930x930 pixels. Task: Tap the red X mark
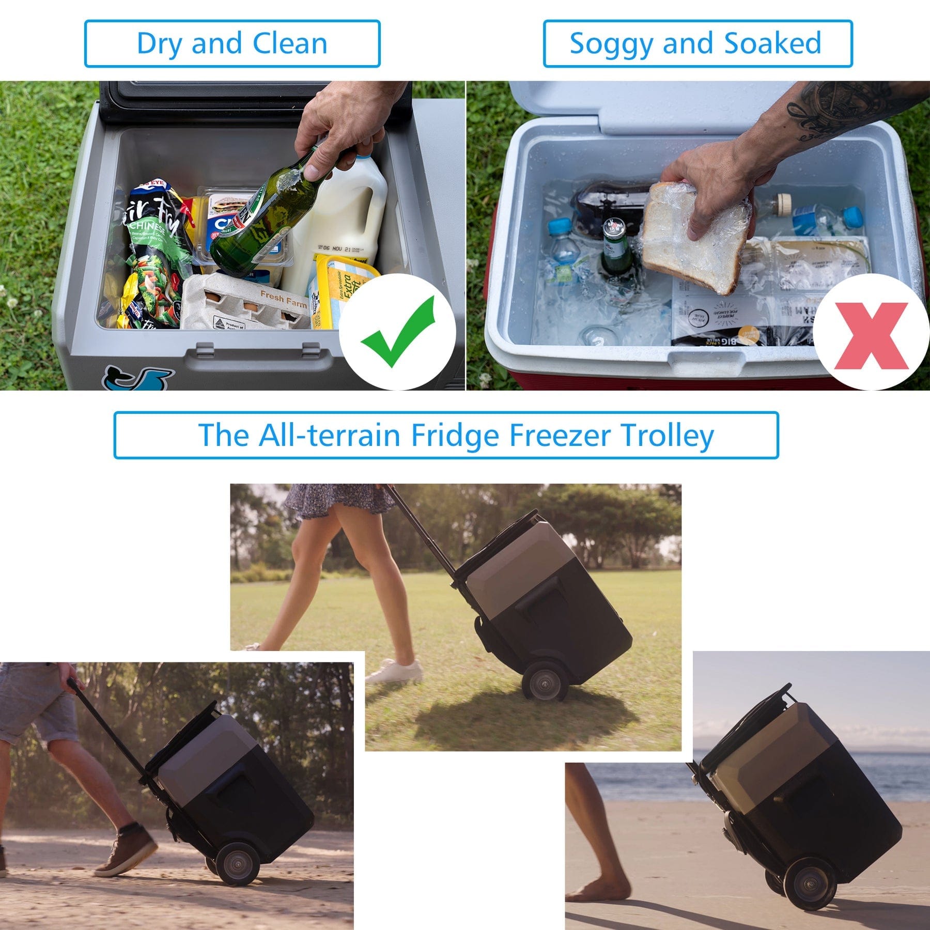871,336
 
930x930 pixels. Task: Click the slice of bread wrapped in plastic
692,238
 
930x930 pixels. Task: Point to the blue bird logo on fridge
137,379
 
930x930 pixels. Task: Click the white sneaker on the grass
395,672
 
